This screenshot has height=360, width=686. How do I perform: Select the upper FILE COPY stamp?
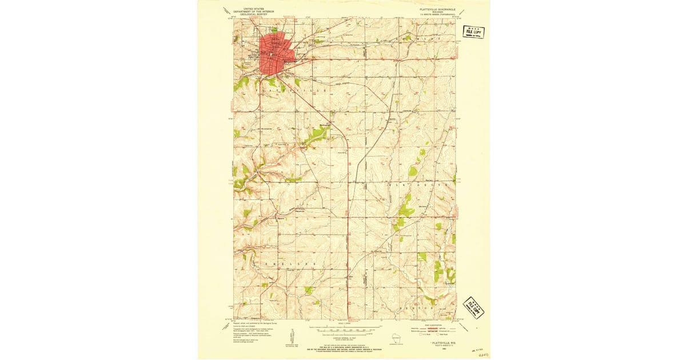474,32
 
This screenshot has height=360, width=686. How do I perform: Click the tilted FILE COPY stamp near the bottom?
473,308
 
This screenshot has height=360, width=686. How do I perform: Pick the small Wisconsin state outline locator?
396,338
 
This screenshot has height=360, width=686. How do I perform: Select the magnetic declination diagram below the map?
292,337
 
